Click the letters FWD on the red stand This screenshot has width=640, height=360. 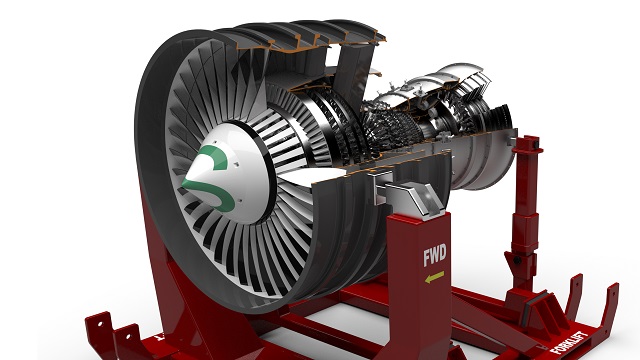[435, 254]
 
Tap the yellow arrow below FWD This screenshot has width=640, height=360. [434, 278]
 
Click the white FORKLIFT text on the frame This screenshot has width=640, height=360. [569, 342]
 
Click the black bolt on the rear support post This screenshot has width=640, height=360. [517, 260]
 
